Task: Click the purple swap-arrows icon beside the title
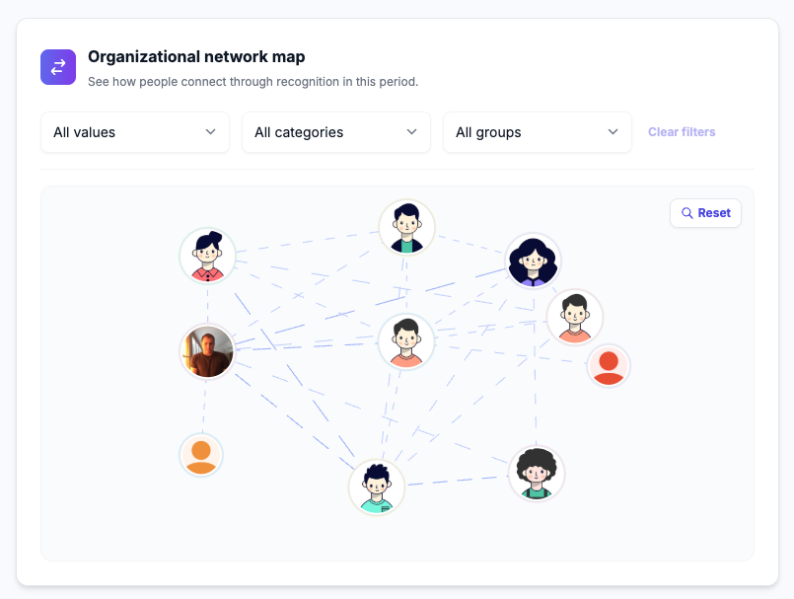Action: (58, 67)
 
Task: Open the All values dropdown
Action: (135, 132)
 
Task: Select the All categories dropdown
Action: (336, 132)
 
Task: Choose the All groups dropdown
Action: (538, 132)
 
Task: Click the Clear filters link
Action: (682, 132)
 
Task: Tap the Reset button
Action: (705, 213)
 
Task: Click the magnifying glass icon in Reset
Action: (687, 213)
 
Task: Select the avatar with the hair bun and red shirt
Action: (207, 256)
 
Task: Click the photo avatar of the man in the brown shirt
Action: (207, 351)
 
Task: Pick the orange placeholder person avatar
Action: (201, 455)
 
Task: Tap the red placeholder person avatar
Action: (609, 365)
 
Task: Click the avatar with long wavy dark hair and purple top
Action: (533, 261)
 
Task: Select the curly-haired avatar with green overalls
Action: (537, 474)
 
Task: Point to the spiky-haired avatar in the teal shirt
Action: (376, 487)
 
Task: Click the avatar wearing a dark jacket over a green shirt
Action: (406, 227)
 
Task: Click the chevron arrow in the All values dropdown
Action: (211, 132)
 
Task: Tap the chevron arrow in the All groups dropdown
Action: (613, 132)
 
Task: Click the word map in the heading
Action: (289, 58)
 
